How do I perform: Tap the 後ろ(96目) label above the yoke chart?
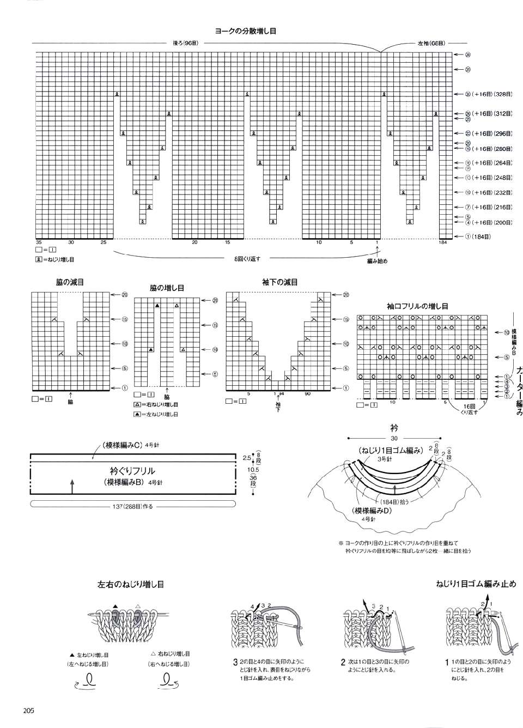coord(185,43)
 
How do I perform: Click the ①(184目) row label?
coord(478,236)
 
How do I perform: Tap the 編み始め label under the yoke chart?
coord(377,261)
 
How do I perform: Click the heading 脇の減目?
coord(70,282)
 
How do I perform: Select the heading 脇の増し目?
coord(167,287)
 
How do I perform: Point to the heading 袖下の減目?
coord(279,282)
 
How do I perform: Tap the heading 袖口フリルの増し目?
coord(417,307)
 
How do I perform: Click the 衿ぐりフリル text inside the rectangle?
coord(132,471)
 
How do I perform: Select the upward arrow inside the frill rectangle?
coord(72,486)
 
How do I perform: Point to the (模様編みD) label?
coord(373,511)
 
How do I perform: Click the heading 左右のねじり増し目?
coord(131,585)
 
